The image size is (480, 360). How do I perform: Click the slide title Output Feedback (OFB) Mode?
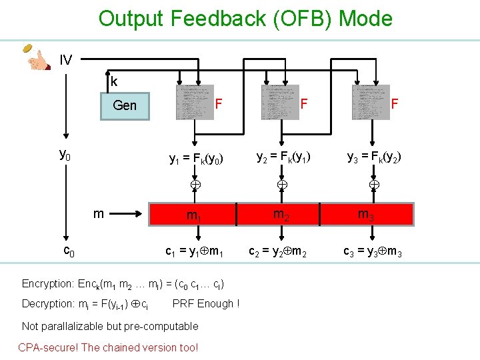tap(245, 18)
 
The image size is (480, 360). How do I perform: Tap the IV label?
tap(65, 61)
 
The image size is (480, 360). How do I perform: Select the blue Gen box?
tap(125, 105)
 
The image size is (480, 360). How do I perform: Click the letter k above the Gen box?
tap(114, 82)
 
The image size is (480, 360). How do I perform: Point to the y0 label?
tap(65, 155)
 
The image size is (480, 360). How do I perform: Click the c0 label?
tap(68, 251)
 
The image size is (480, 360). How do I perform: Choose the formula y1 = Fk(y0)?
tap(195, 159)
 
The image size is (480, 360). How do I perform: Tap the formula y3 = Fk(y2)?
tap(374, 158)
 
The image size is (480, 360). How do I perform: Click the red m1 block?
tap(194, 215)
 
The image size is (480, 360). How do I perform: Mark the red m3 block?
tap(367, 213)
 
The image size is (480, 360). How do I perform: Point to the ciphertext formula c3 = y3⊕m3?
tap(372, 252)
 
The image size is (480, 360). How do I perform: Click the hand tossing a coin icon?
tap(37, 57)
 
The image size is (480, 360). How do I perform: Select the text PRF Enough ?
tap(205, 304)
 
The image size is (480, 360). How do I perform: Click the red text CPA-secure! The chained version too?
tap(108, 347)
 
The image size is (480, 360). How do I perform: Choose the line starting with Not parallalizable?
tap(110, 326)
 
